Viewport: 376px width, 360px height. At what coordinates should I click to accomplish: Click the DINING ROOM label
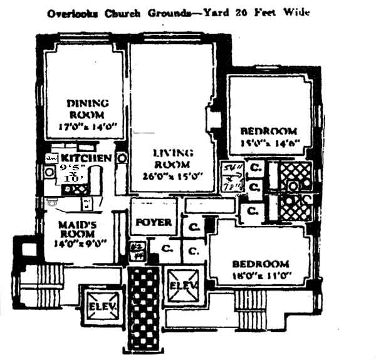click(x=88, y=108)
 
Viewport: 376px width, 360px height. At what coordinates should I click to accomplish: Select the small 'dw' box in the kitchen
click(x=52, y=158)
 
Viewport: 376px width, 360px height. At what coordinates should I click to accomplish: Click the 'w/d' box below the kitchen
click(x=87, y=202)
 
